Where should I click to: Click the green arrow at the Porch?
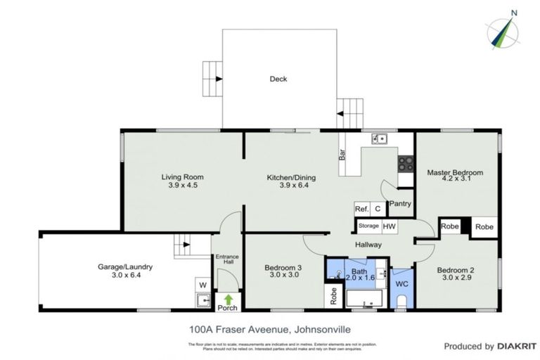click(228, 298)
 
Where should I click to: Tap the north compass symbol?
click(504, 30)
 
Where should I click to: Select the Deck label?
click(278, 79)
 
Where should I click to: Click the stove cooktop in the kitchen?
click(406, 164)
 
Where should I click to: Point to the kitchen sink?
click(380, 139)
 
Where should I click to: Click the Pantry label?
click(400, 204)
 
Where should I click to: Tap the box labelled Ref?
click(362, 209)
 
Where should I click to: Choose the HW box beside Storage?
click(389, 226)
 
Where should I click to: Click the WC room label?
click(402, 284)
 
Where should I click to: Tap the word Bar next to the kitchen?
click(342, 154)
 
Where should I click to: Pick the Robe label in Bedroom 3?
click(333, 295)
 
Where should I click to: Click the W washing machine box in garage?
click(202, 284)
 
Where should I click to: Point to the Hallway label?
click(368, 245)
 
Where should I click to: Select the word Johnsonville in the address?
click(316, 328)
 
